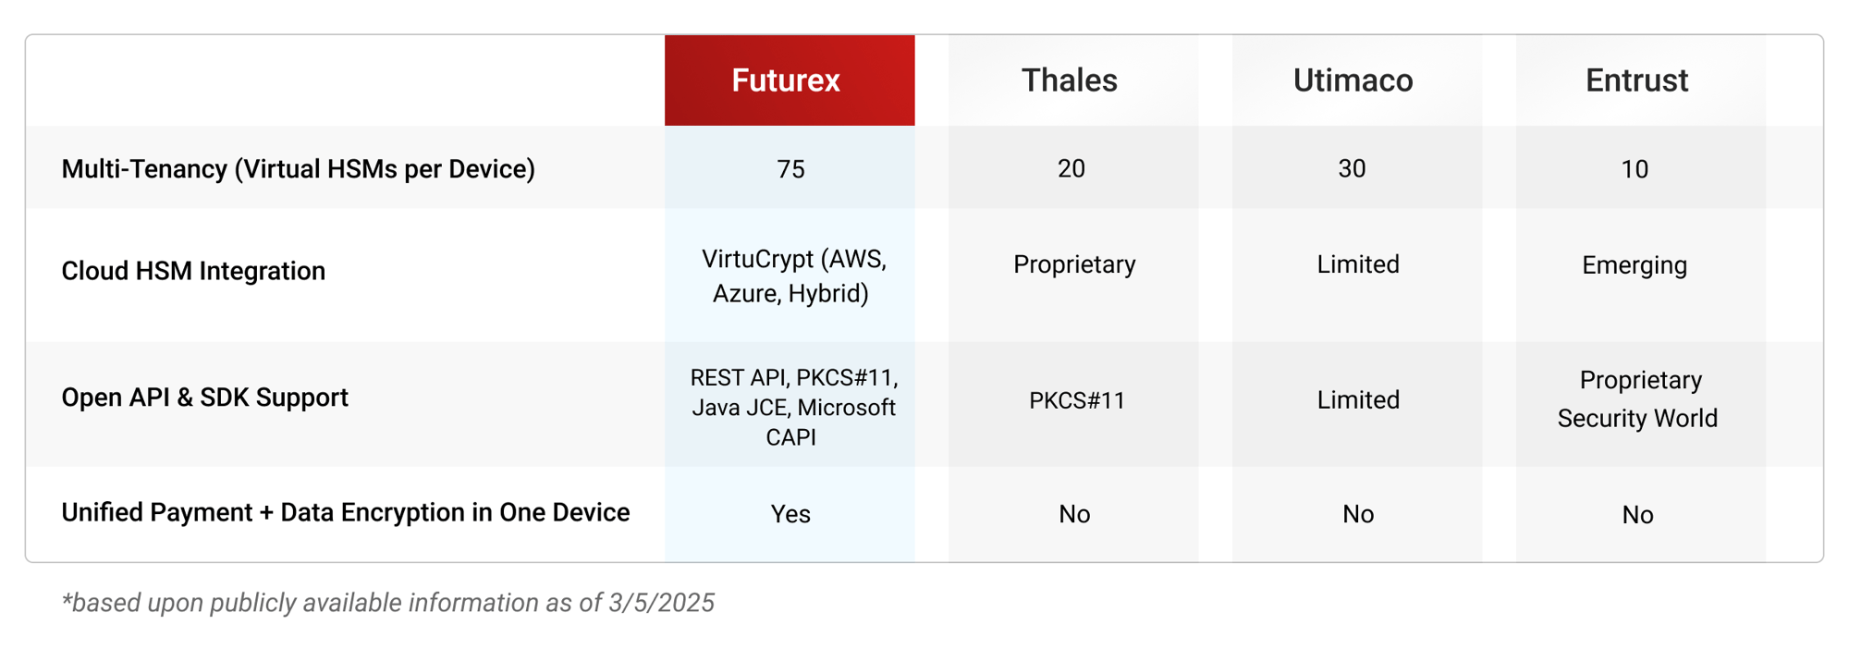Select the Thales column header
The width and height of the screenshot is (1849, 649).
coord(1070,80)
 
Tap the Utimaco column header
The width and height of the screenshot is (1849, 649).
coord(1353,80)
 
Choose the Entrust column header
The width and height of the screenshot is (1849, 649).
coord(1636,80)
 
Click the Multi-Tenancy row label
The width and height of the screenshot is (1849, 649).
coord(298,169)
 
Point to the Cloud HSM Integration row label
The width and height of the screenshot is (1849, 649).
coord(193,271)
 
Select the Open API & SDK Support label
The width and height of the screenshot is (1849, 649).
coord(204,398)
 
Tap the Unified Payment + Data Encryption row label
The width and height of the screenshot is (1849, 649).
coord(345,512)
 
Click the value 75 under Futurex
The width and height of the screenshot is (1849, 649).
coord(790,169)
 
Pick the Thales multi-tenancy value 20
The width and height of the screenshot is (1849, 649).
coord(1071,169)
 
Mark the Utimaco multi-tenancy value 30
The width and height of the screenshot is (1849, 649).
coord(1352,169)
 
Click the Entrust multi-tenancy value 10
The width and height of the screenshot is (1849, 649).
coord(1635,169)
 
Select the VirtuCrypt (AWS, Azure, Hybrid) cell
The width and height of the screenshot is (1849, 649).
coord(792,276)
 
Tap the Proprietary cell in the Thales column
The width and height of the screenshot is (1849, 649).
coord(1074,264)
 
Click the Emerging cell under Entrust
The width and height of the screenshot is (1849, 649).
coord(1635,265)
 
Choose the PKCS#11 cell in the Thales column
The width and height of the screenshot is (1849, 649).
coord(1077,400)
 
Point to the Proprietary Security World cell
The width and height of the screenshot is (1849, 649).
coord(1637,399)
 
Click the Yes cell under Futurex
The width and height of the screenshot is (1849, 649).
coord(790,514)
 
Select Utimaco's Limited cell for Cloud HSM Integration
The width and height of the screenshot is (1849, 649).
coord(1358,264)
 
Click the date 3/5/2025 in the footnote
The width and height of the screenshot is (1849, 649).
coord(661,603)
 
